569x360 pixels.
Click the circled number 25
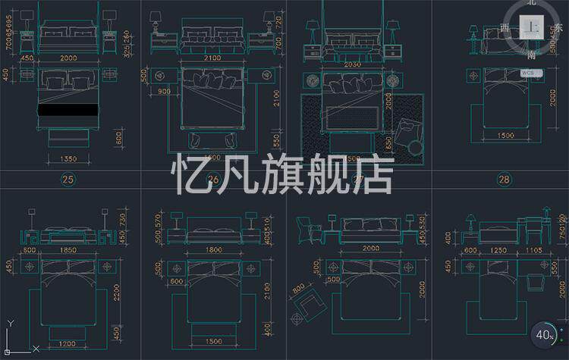click(69, 180)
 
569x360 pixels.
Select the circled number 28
click(504, 180)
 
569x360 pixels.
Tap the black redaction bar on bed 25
click(68, 110)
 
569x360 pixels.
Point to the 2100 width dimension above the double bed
click(214, 58)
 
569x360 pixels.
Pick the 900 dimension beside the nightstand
click(165, 92)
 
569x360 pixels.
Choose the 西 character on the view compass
click(505, 28)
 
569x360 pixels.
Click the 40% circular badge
click(545, 334)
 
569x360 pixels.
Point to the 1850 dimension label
click(68, 249)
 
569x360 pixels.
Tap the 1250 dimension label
click(497, 249)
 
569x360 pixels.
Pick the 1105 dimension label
click(536, 249)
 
